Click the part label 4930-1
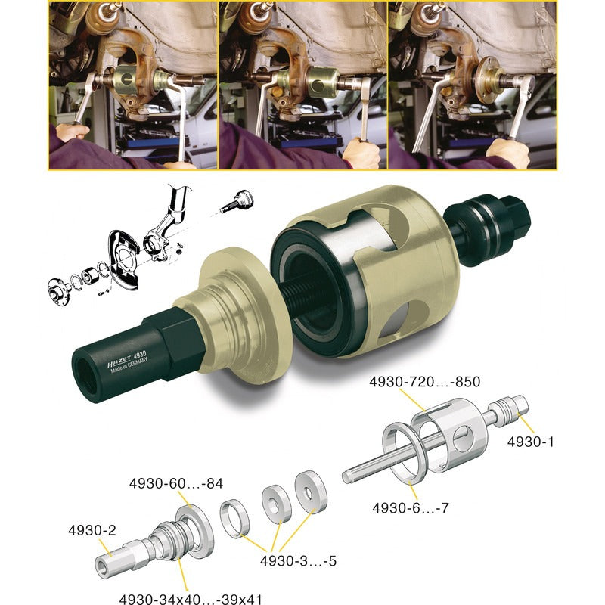coord(530,442)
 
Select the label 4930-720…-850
coord(425,382)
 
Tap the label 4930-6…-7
coord(411,507)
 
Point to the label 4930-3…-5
coord(298,560)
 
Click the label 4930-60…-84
coord(176,483)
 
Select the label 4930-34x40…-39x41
coord(191,598)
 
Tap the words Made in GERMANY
coord(129,365)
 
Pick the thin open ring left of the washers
coord(234,518)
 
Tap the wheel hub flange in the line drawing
coord(58,290)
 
